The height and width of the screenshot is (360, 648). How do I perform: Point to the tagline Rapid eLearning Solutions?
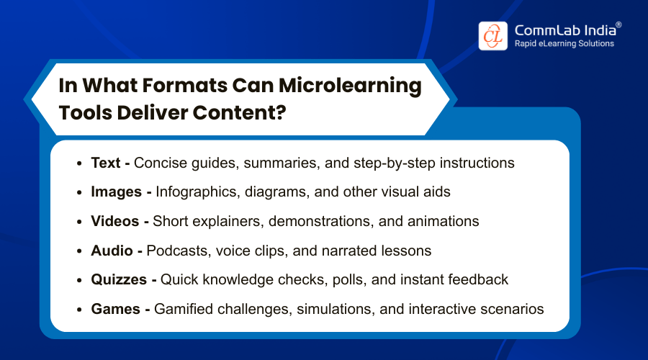click(564, 44)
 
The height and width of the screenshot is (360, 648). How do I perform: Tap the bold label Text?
click(106, 163)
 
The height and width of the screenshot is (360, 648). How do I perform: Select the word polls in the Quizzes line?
click(349, 279)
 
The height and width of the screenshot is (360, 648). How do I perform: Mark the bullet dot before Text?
click(80, 163)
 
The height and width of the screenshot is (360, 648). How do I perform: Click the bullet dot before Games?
click(80, 310)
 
